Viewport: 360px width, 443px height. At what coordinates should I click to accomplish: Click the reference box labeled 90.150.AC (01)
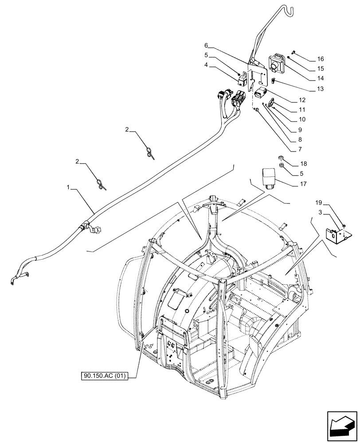click(105, 377)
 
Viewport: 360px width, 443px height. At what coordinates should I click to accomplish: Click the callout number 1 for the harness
click(68, 188)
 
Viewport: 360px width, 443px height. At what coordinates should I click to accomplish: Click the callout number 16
click(321, 58)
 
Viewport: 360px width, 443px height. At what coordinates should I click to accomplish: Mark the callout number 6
click(206, 46)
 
